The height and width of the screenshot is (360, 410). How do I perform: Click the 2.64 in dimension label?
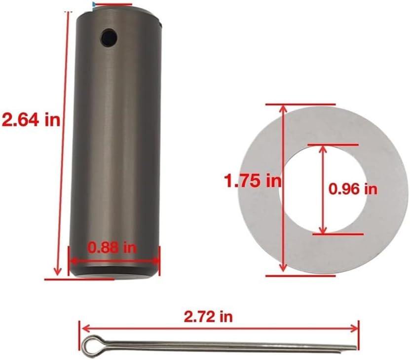coord(31,119)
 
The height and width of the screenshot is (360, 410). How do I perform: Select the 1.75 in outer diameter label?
coord(252,181)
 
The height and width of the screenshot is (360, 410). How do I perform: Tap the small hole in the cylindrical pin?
coord(108,36)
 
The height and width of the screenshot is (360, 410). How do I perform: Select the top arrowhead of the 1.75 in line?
coord(283,108)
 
